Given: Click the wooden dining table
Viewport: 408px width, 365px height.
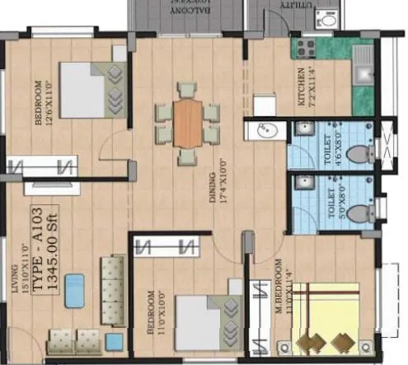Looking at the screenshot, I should [x=188, y=124].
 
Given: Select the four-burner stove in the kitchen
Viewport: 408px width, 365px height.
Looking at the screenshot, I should [x=306, y=46].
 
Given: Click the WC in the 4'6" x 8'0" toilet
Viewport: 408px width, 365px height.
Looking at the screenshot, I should [x=357, y=153].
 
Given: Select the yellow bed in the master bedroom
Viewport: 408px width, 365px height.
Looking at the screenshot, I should [x=325, y=318].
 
